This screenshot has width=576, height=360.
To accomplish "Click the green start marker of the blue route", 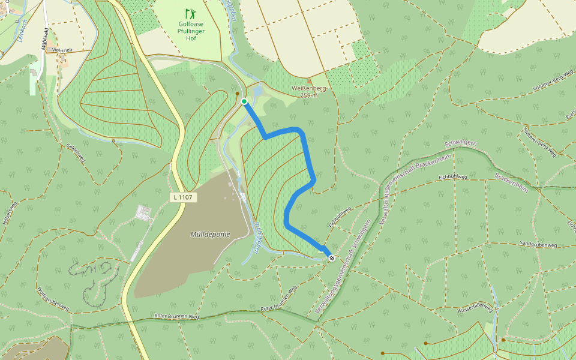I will point(244,101).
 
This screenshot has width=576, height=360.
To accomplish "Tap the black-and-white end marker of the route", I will point(332,258).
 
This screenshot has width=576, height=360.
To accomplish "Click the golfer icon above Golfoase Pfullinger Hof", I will point(190,13).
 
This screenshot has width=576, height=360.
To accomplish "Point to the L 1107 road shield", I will point(183,196).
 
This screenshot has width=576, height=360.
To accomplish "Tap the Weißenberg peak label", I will point(309,88).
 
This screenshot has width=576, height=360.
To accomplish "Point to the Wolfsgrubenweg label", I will point(53,298).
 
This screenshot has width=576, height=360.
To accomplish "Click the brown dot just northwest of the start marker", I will point(238,94).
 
